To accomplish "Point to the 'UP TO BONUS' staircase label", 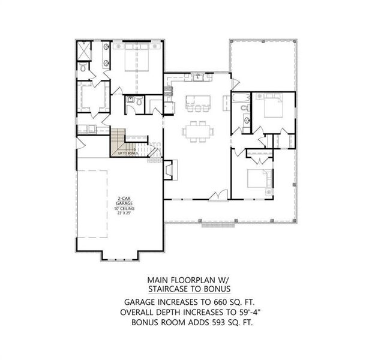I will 128,154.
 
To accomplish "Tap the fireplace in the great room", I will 170,169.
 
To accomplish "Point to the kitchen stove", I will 169,92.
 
